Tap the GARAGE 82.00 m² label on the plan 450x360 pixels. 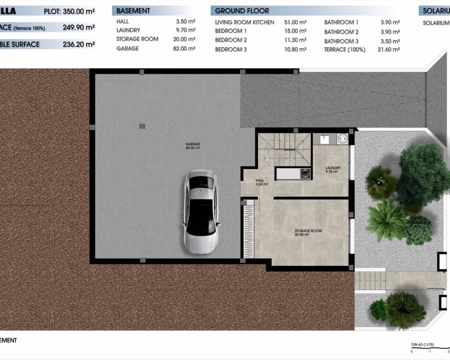(193, 146)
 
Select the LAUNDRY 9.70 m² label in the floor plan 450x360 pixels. (333, 170)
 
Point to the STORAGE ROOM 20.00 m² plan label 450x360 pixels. (308, 233)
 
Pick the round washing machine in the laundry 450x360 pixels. (342, 139)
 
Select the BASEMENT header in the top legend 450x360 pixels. (133, 11)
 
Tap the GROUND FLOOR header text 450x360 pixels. (242, 11)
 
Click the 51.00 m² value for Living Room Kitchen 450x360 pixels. (295, 22)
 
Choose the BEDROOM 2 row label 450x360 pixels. (231, 40)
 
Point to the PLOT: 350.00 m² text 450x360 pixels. (69, 11)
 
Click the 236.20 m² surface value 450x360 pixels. (78, 44)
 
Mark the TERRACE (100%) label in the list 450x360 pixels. (345, 50)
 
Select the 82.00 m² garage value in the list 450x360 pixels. (184, 49)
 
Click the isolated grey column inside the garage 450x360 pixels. (142, 126)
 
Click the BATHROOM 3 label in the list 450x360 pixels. (341, 41)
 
